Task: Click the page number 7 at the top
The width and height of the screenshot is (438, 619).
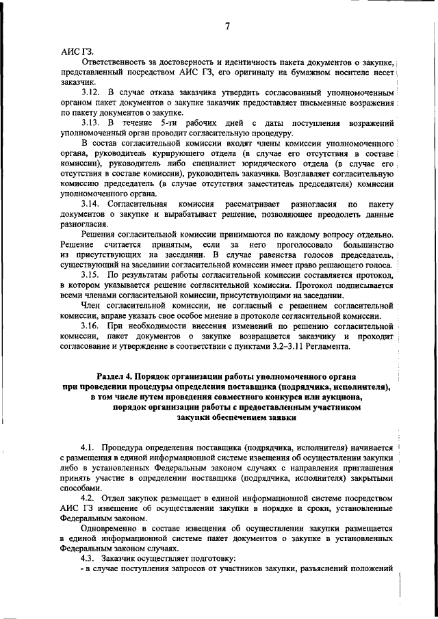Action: (x=227, y=27)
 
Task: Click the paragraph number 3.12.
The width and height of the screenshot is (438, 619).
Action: (x=90, y=91)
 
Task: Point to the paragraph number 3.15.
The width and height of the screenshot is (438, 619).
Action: (x=90, y=274)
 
